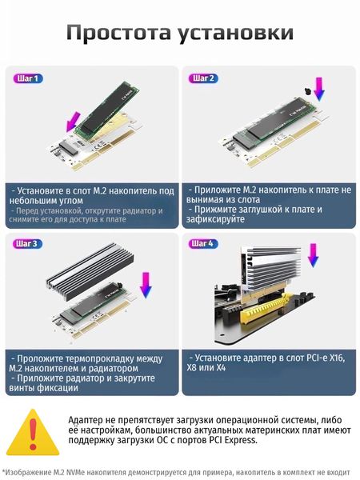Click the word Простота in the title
118,32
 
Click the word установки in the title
236,33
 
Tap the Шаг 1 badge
28,78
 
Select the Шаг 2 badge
203,78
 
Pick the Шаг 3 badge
27,244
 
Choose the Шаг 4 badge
202,244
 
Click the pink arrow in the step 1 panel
73,122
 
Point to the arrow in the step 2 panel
319,89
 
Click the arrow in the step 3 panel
146,286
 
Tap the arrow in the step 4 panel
313,256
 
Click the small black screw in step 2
307,91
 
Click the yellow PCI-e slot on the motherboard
267,308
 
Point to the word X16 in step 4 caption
337,358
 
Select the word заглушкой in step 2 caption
262,210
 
